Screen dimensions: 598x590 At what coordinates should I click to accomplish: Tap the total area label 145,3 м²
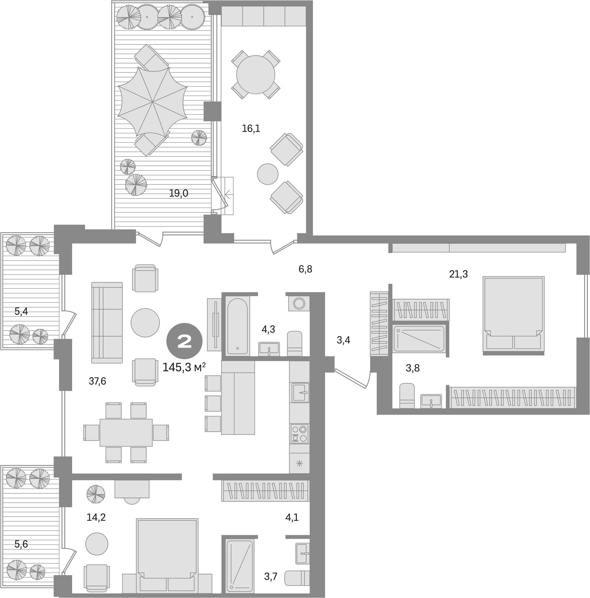point(184,367)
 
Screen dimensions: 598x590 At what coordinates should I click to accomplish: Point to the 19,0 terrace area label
point(179,193)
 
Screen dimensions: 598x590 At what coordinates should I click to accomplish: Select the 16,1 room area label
point(251,128)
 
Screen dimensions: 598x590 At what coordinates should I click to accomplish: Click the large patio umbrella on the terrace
point(152,101)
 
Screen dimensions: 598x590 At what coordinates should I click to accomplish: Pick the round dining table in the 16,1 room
point(256,75)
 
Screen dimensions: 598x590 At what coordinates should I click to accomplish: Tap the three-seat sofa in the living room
point(107,323)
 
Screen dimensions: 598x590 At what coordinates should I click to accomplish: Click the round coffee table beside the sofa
point(145,323)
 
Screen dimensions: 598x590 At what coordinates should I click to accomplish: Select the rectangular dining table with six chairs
point(126,433)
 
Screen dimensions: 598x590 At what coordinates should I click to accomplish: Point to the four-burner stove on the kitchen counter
point(299,434)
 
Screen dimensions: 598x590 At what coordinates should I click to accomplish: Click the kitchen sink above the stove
point(300,392)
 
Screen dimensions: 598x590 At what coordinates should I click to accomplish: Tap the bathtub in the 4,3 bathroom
point(238,326)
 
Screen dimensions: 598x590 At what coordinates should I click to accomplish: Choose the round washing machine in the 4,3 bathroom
point(299,303)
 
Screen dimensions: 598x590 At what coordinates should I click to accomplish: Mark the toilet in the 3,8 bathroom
point(407,396)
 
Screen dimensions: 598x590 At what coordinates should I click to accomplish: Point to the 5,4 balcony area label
point(21,311)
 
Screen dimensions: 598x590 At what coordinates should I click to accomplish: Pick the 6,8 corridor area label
point(305,269)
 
